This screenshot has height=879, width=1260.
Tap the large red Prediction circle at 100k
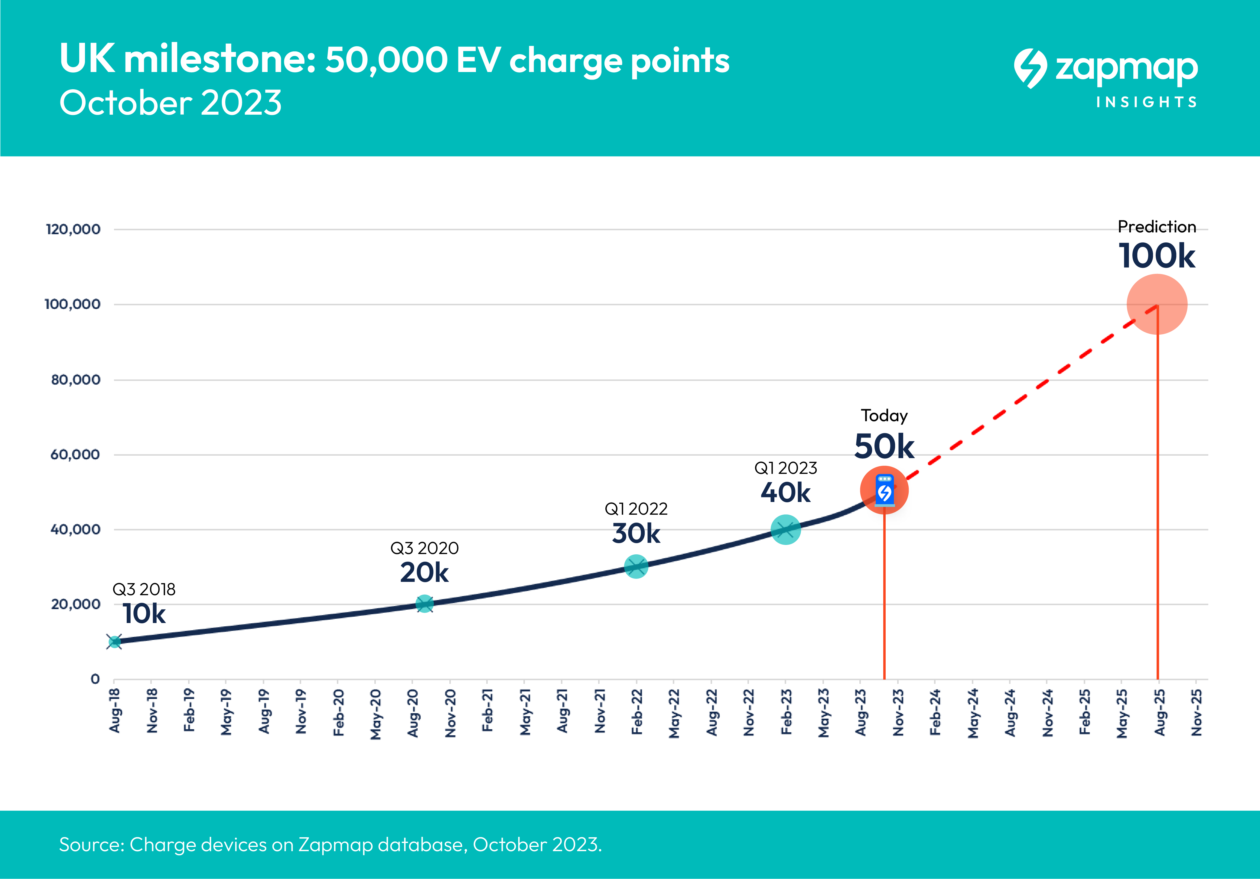click(1157, 304)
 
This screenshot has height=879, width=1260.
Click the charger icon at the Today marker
click(884, 490)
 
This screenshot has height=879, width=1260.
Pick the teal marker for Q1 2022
click(636, 566)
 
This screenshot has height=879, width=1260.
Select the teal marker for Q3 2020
click(424, 604)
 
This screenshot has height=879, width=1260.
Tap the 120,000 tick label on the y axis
click(73, 229)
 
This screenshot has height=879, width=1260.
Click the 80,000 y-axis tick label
click(76, 379)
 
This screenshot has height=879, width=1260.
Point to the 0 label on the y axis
click(95, 679)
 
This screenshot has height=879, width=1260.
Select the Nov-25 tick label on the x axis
click(1196, 712)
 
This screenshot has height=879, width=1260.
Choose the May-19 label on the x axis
click(226, 712)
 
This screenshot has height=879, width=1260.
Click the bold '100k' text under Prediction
click(1157, 256)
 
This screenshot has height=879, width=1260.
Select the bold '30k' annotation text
click(636, 533)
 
